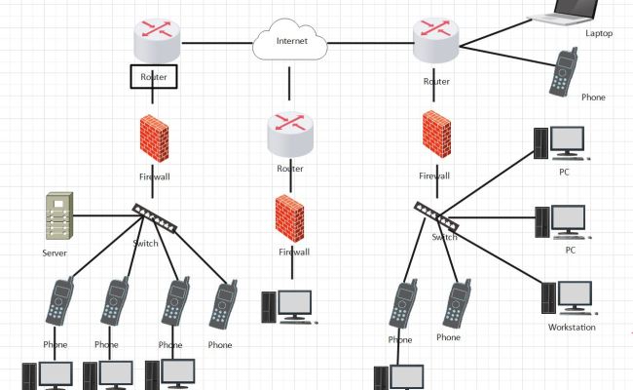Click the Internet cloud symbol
(290, 41)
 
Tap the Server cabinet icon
(59, 216)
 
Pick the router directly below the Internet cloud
(290, 135)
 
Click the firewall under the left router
(154, 140)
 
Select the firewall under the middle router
(290, 218)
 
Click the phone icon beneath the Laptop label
(562, 72)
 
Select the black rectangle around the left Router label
(154, 76)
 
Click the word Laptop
(599, 33)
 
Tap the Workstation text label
(571, 328)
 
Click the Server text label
(55, 253)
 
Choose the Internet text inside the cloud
(291, 41)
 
